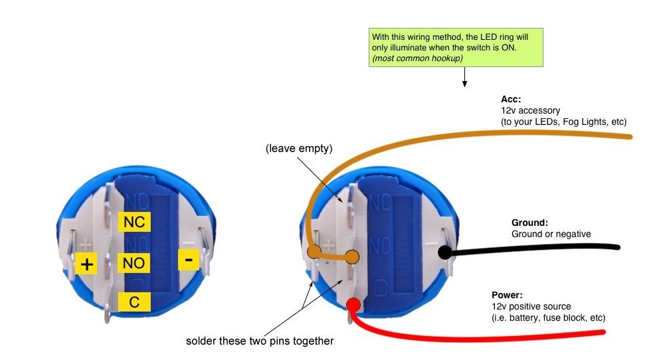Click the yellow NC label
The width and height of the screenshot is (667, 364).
pyautogui.click(x=134, y=222)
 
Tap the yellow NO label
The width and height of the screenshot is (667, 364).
pyautogui.click(x=134, y=263)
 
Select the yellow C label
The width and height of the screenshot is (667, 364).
pyautogui.click(x=134, y=302)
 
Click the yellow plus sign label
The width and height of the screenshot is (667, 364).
pyautogui.click(x=86, y=264)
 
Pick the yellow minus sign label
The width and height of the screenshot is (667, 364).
pyautogui.click(x=189, y=259)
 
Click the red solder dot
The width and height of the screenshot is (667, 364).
pyautogui.click(x=353, y=305)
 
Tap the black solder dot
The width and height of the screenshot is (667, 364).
pyautogui.click(x=444, y=252)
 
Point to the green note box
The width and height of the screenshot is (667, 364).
pyautogui.click(x=456, y=48)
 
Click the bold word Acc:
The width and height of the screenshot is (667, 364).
pyautogui.click(x=511, y=99)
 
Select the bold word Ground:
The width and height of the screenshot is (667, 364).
pyautogui.click(x=529, y=223)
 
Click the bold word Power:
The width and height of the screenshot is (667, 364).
pyautogui.click(x=507, y=295)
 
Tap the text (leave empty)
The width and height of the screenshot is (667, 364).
pyautogui.click(x=299, y=148)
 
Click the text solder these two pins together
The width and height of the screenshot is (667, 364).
pyautogui.click(x=260, y=341)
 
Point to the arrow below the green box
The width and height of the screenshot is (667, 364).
pyautogui.click(x=464, y=77)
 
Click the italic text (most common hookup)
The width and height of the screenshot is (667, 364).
pyautogui.click(x=417, y=58)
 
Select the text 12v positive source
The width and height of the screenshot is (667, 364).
pyautogui.click(x=531, y=306)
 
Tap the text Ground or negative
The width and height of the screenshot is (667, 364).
pyautogui.click(x=551, y=234)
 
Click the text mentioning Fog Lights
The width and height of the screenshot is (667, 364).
pyautogui.click(x=563, y=122)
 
